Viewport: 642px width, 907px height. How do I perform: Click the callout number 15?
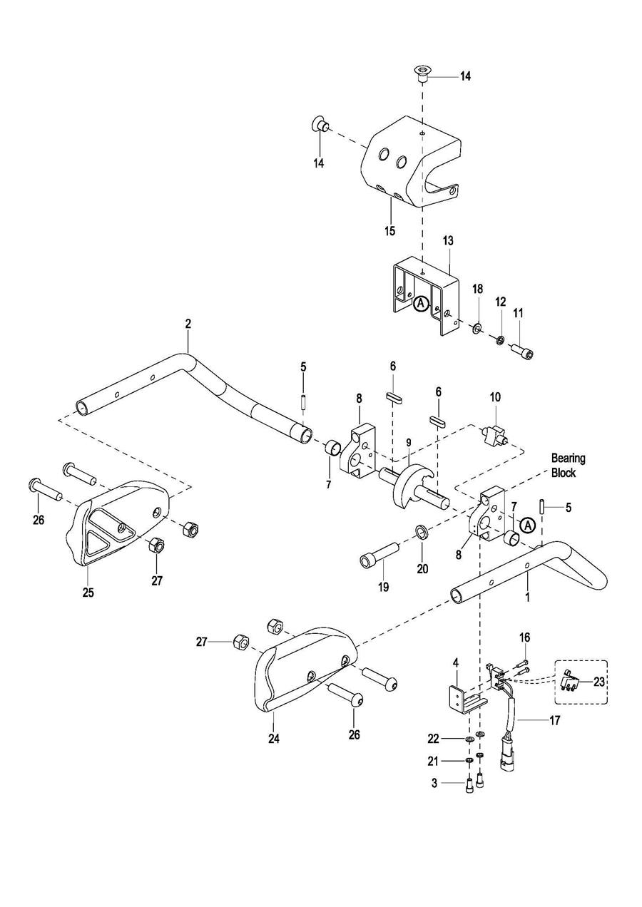[389, 231]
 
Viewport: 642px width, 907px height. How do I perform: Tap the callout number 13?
[449, 240]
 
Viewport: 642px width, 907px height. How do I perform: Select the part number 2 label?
[188, 324]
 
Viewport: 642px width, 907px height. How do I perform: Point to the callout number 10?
[495, 396]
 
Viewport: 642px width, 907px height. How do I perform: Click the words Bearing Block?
[569, 465]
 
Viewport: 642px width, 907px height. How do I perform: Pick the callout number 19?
[383, 587]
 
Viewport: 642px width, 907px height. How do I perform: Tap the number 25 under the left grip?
[88, 593]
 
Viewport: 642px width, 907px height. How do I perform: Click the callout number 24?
[273, 739]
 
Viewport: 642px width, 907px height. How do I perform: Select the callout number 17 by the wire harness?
[554, 720]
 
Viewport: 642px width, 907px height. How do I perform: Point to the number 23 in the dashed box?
[598, 682]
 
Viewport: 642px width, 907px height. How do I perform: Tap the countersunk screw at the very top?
[423, 75]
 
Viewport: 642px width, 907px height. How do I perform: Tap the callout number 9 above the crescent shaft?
[408, 442]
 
